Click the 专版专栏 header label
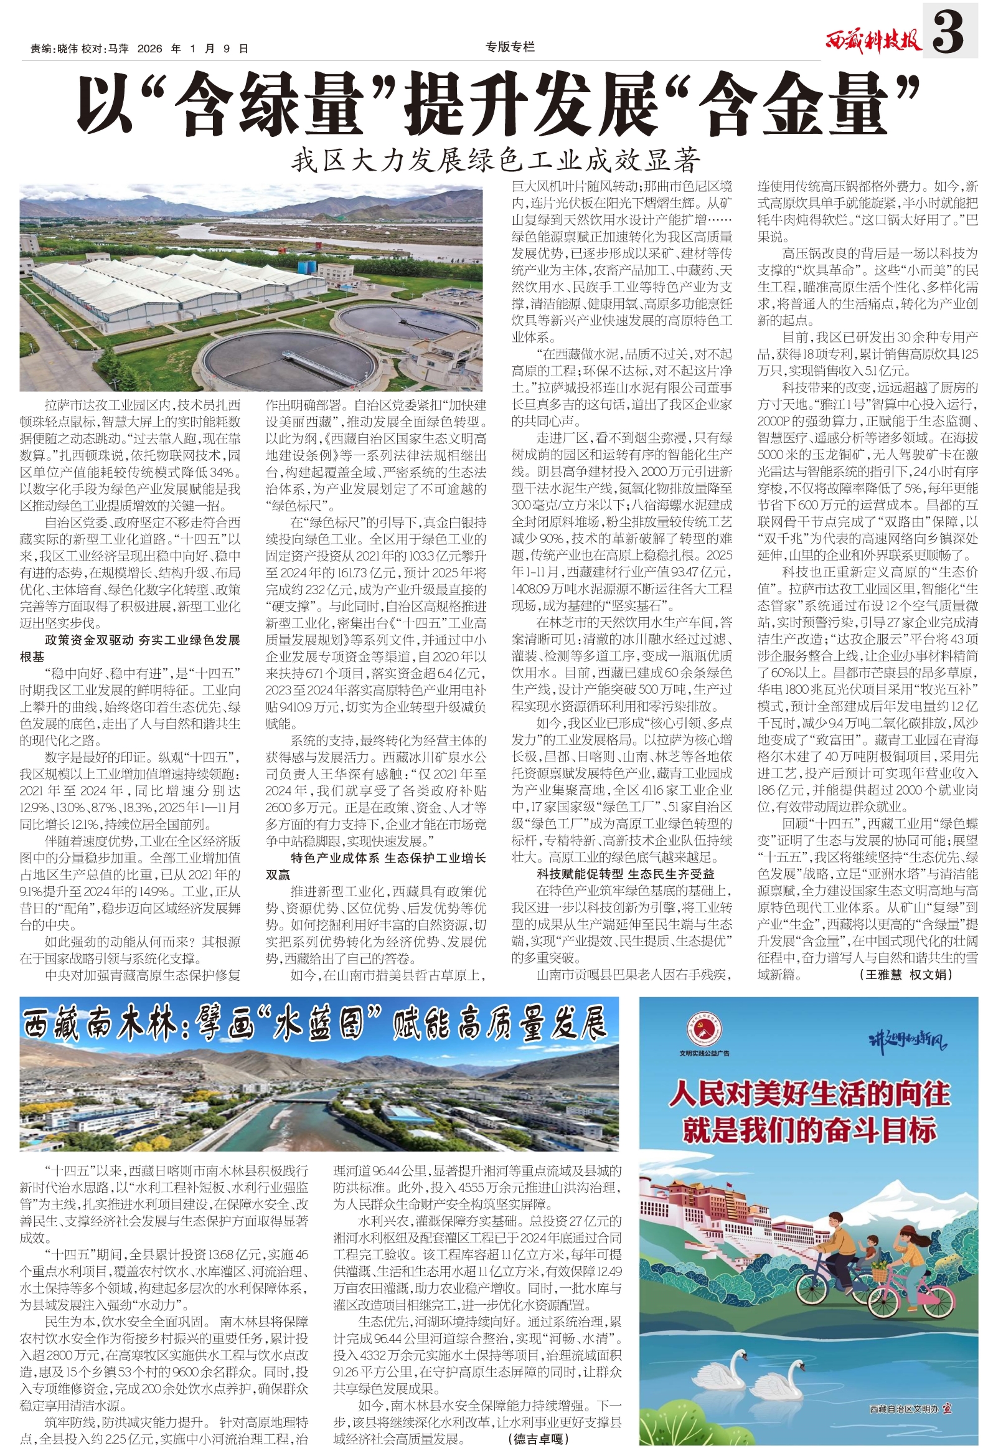tap(510, 47)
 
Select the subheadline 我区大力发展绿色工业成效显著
tap(496, 161)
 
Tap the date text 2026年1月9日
tap(192, 49)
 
